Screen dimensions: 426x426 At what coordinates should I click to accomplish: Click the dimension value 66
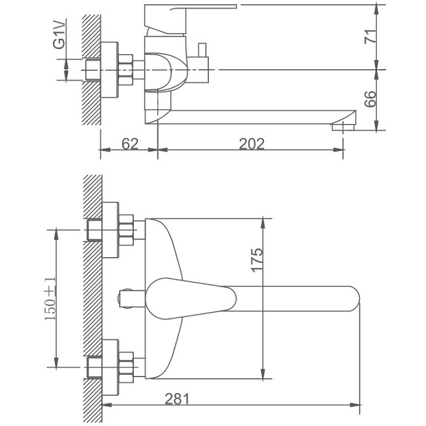tap(371, 99)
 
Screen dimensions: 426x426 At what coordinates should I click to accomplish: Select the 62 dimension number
tap(130, 144)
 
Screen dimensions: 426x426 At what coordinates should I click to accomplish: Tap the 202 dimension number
tap(251, 144)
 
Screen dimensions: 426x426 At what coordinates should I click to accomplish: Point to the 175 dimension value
tap(257, 260)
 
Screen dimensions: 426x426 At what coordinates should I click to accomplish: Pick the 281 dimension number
tap(177, 399)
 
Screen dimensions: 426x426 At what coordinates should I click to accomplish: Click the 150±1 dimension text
tap(50, 299)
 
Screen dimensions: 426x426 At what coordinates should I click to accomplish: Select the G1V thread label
tap(60, 34)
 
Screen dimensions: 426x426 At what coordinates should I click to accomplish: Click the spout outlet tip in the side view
tap(343, 127)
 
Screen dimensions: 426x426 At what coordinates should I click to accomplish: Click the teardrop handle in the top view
tap(191, 299)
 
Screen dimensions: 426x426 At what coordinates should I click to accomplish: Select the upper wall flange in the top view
tap(110, 230)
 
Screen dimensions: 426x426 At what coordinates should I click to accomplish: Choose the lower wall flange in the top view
tap(110, 367)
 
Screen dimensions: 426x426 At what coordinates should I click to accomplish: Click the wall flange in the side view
tap(110, 70)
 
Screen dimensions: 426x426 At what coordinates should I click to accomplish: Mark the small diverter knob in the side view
tap(202, 50)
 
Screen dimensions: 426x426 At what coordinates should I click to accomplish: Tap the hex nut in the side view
tap(126, 70)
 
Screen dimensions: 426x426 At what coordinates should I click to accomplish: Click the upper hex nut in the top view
tap(126, 230)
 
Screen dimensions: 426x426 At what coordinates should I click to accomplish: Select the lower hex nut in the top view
tap(126, 367)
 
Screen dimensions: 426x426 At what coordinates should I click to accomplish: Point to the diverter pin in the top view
tap(132, 299)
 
